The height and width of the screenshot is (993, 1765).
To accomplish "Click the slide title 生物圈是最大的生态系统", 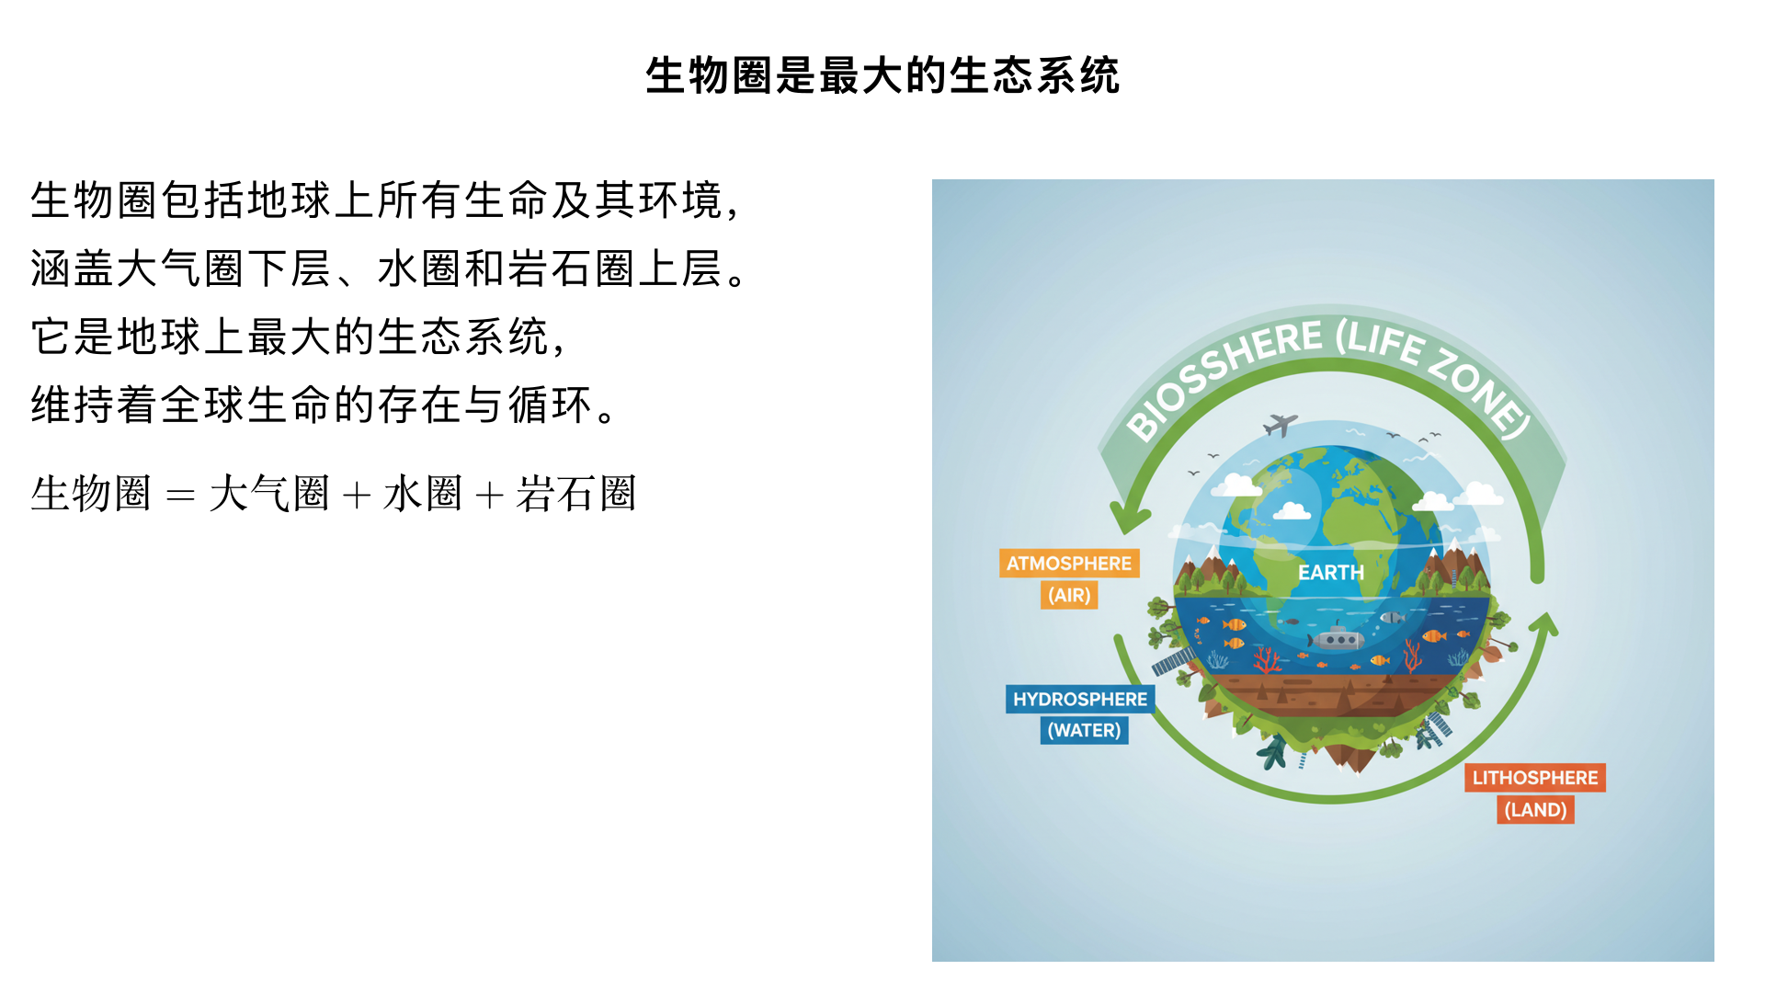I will pyautogui.click(x=882, y=75).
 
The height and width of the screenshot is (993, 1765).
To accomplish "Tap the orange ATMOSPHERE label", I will pyautogui.click(x=1069, y=563).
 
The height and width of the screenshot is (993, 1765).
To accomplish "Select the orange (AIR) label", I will pyautogui.click(x=1069, y=595).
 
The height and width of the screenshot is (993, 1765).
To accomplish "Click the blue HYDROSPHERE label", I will pyautogui.click(x=1080, y=699).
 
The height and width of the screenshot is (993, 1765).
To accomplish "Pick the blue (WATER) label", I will pyautogui.click(x=1085, y=730).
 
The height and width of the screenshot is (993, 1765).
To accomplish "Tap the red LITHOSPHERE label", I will pyautogui.click(x=1534, y=777).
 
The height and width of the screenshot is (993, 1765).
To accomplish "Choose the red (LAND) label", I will pyautogui.click(x=1535, y=809).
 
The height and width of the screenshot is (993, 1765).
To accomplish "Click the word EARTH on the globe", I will pyautogui.click(x=1330, y=572).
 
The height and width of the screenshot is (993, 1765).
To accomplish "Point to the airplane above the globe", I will pyautogui.click(x=1280, y=425).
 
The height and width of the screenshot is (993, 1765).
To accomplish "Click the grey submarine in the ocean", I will pyautogui.click(x=1338, y=637).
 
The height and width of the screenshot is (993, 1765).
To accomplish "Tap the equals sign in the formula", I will pyautogui.click(x=180, y=496).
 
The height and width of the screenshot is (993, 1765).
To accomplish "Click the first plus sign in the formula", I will pyautogui.click(x=356, y=496).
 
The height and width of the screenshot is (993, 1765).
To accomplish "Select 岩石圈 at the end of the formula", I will pyautogui.click(x=575, y=494).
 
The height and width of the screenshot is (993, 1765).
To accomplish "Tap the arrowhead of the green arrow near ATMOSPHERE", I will pyautogui.click(x=1128, y=520).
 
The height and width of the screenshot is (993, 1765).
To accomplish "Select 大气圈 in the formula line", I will pyautogui.click(x=268, y=494).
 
